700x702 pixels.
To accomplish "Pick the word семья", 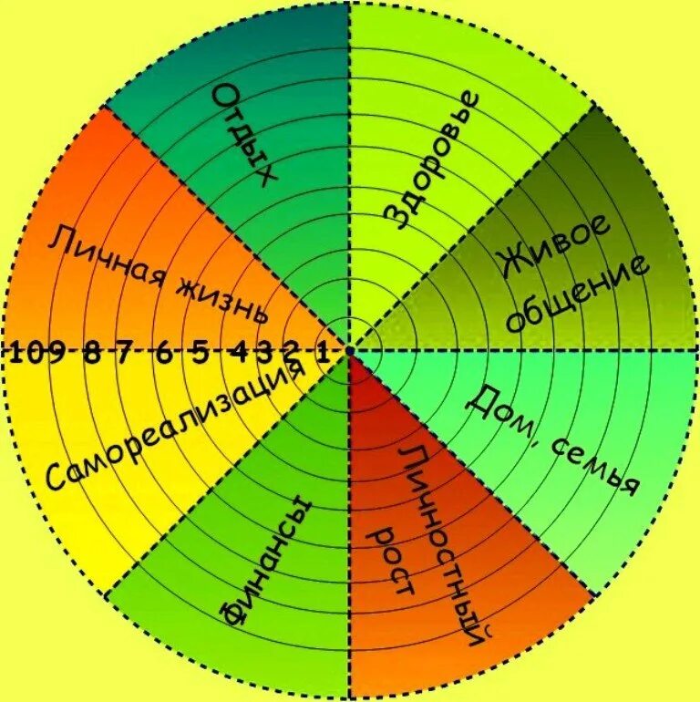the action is coord(591,464).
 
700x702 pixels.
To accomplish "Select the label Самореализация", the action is coord(173,427).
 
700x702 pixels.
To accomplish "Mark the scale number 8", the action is coord(92,353).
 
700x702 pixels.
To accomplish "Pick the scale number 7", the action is coord(124,353).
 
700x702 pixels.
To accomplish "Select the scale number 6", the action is coord(163,353).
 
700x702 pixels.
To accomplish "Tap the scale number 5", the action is coord(201,353).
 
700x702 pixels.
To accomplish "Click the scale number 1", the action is coord(323,353).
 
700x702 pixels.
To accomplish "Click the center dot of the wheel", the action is coord(350,350).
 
